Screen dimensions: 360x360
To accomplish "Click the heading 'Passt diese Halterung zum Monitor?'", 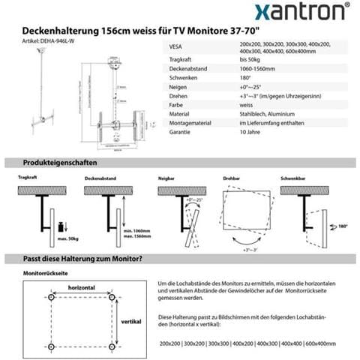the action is (x=83, y=259).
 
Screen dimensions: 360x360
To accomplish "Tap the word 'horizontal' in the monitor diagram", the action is (x=81, y=286).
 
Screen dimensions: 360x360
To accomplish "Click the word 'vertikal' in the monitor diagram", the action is (x=130, y=321).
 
